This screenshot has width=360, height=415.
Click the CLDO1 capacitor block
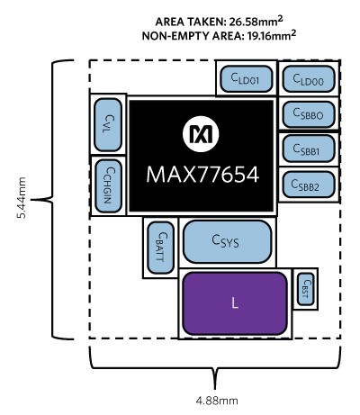click(247, 78)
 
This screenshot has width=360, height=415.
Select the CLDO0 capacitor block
click(309, 78)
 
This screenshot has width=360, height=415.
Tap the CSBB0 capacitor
click(309, 114)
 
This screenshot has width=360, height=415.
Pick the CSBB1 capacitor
click(309, 149)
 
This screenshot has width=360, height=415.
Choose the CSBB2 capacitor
click(309, 185)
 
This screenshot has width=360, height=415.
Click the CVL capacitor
click(108, 125)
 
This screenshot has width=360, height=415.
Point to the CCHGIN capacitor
click(108, 186)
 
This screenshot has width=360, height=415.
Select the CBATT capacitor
click(161, 248)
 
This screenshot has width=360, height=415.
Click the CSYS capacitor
click(228, 242)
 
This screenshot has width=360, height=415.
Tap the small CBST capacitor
click(306, 289)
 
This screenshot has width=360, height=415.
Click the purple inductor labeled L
click(235, 303)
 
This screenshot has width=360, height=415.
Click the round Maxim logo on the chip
click(201, 134)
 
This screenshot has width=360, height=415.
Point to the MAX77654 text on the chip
click(202, 175)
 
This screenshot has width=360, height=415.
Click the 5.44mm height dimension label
click(22, 198)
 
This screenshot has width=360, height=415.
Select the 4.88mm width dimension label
click(217, 401)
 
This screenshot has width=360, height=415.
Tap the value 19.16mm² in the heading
click(272, 35)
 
